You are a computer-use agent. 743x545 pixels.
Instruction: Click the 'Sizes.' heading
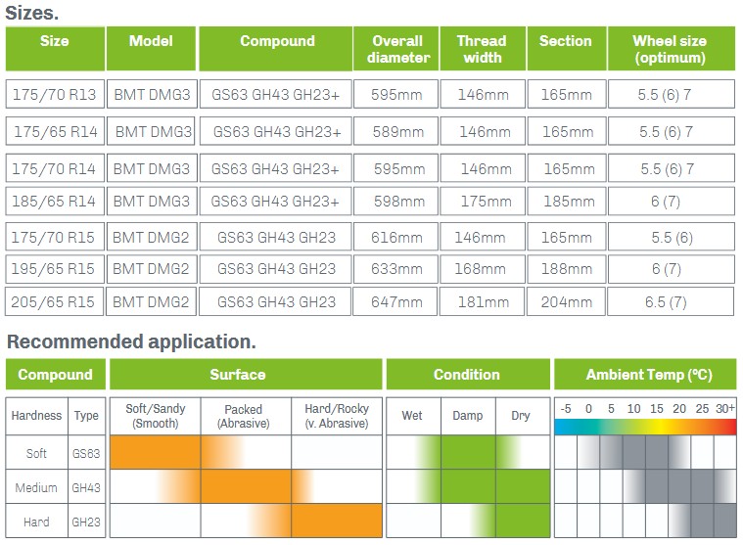pos(31,13)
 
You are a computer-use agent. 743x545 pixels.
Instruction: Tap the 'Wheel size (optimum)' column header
pos(671,49)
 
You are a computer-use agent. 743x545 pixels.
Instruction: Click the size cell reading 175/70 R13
pos(55,94)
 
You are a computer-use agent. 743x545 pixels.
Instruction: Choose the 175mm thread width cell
pos(483,202)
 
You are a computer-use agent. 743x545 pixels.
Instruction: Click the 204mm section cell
pos(566,301)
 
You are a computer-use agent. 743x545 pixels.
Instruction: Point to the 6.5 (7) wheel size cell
pos(671,301)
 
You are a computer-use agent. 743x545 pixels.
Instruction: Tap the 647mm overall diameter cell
pos(395,301)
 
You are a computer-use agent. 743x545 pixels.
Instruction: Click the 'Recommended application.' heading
pos(131,341)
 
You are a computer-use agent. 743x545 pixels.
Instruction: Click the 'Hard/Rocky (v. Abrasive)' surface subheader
pos(337,416)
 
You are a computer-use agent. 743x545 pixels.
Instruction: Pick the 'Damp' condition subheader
pos(468,416)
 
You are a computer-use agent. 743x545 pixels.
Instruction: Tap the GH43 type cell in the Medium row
pos(86,486)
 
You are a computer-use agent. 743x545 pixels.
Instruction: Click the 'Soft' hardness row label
pos(36,453)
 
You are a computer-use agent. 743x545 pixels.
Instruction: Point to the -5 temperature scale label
pos(566,408)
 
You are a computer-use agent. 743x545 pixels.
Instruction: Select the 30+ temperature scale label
pos(725,408)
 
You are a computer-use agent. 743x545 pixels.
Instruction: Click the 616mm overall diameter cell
pos(395,237)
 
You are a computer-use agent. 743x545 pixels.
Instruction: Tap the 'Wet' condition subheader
pos(413,416)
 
